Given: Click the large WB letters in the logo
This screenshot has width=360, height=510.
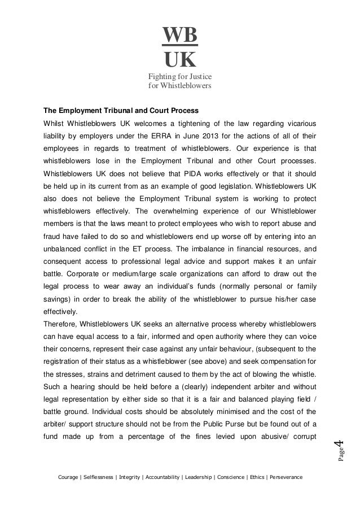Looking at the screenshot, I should tap(180, 35).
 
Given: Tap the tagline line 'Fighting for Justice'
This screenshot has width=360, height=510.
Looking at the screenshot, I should tap(179, 77).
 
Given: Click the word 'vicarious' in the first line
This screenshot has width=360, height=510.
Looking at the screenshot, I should tap(300, 123).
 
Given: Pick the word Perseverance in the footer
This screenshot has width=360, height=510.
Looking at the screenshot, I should tap(284, 477).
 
